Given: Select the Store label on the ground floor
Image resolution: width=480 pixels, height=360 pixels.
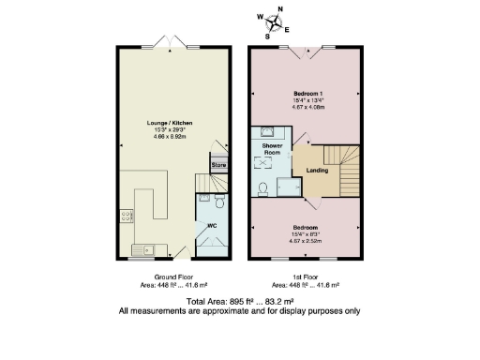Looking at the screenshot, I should (218, 165).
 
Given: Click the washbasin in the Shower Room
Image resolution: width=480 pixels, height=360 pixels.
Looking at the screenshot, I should (267, 132).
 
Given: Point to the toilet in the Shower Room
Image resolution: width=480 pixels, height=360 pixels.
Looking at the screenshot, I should (264, 189).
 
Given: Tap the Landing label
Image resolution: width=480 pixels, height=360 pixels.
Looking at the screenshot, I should (316, 171).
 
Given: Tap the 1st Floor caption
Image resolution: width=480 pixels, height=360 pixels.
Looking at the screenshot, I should (306, 277).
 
